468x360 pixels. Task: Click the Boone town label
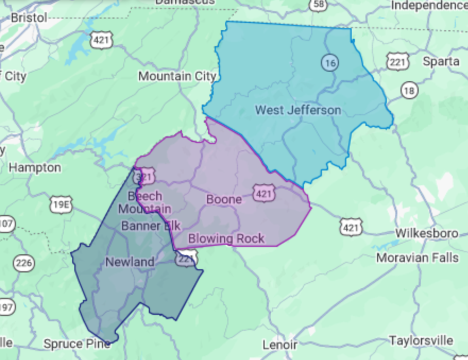coord(224,200)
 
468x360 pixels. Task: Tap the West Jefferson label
coord(297,110)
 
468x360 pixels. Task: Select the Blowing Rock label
coord(226,238)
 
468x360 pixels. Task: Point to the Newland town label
coord(130,262)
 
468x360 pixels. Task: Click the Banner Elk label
coord(151,226)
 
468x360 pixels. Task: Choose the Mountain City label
coord(177,76)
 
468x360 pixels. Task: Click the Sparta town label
coord(440,62)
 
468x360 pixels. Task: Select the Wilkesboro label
coord(427,234)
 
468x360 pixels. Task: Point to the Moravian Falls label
coord(417,258)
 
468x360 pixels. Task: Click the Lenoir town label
coord(279,345)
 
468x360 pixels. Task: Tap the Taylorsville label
coord(421,340)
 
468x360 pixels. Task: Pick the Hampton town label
coord(35,168)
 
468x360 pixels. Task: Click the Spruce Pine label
coord(77,344)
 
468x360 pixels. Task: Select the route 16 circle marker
coord(329,63)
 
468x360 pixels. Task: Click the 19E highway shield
coord(62,204)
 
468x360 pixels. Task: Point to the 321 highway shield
coord(143,176)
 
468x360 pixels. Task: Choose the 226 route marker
coord(23,262)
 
